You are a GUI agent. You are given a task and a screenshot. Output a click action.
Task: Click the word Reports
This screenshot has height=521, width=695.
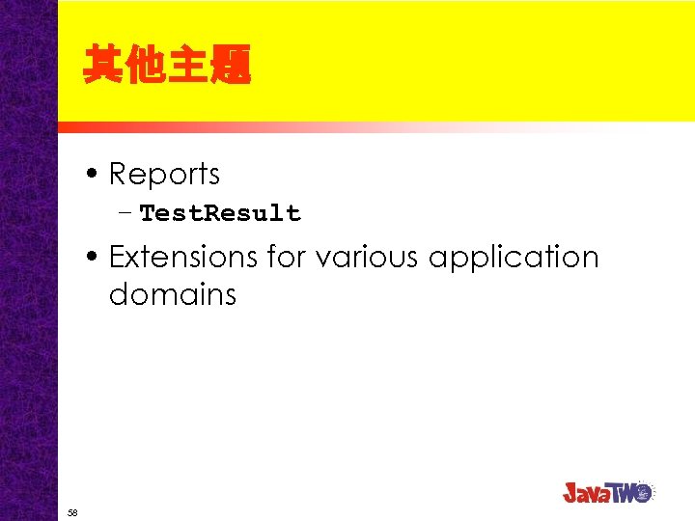pyautogui.click(x=164, y=175)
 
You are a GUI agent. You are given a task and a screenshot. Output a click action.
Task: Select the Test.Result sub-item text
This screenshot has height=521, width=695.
pyautogui.click(x=220, y=213)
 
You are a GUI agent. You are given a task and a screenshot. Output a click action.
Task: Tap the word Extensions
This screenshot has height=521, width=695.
pyautogui.click(x=170, y=258)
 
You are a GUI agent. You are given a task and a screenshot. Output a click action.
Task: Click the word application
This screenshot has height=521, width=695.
pyautogui.click(x=514, y=259)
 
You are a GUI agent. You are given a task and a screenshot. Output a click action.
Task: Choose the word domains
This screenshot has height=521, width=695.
pyautogui.click(x=173, y=294)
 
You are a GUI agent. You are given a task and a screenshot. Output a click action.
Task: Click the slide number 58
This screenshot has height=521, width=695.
pyautogui.click(x=72, y=512)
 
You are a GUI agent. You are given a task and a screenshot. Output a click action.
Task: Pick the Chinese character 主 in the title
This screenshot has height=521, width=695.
pyautogui.click(x=190, y=66)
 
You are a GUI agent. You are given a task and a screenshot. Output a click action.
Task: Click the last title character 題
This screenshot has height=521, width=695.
pyautogui.click(x=233, y=66)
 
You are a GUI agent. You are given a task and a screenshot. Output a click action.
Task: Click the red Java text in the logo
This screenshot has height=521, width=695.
pyautogui.click(x=592, y=492)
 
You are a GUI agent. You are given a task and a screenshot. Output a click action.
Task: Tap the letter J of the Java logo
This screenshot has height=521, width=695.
pyautogui.click(x=571, y=492)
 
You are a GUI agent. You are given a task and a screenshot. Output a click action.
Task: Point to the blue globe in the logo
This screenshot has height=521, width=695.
pyautogui.click(x=645, y=490)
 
